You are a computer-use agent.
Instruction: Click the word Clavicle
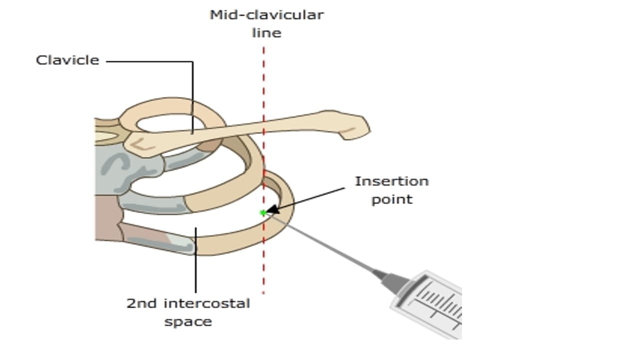[67, 60]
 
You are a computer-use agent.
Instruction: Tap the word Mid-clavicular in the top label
[266, 15]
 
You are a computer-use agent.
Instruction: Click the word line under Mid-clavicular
[266, 33]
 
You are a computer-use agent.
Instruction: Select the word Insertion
[391, 181]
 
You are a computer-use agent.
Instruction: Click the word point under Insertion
[391, 199]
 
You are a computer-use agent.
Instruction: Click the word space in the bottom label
[188, 321]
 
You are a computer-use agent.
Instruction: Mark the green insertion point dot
[262, 213]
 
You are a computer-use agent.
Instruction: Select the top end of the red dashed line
[263, 49]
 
